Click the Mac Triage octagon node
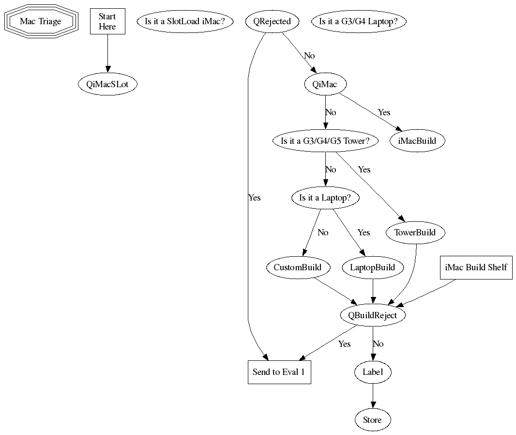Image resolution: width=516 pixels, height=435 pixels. [41, 22]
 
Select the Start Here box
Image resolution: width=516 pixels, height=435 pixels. [107, 22]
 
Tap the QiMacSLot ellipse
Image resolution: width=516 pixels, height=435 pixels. [107, 84]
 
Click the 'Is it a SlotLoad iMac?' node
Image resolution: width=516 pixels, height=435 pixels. [185, 22]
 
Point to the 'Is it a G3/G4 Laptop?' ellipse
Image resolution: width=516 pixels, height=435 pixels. [359, 22]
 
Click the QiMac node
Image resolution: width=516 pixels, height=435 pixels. [325, 84]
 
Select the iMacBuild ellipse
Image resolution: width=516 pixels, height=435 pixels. [417, 141]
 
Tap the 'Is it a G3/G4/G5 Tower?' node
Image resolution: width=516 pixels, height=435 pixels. [325, 141]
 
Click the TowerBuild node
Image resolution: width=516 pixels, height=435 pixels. [415, 233]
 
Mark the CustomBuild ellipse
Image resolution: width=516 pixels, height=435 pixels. [298, 267]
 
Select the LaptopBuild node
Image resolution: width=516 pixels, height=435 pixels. [372, 267]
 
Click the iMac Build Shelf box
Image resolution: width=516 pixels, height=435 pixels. [476, 267]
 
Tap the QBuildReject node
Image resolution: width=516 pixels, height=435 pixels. [372, 315]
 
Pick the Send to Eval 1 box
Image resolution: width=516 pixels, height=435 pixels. [279, 372]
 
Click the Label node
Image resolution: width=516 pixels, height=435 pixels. [372, 372]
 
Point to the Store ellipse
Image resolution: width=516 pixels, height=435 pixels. [372, 420]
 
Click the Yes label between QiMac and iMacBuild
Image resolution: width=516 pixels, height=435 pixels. [384, 112]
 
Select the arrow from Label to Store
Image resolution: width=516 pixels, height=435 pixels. [372, 396]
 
